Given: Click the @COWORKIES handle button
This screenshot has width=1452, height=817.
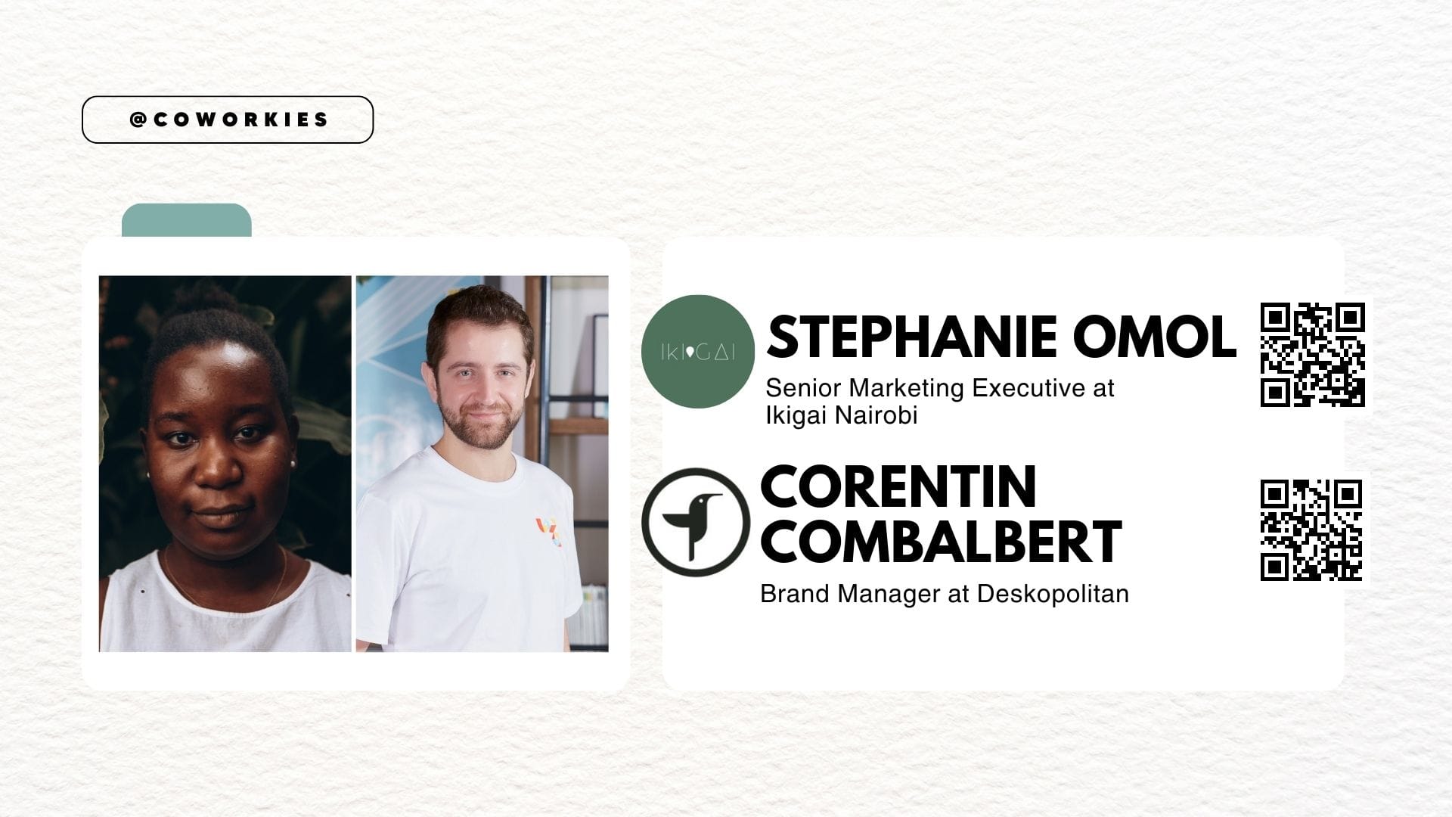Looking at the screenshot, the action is (x=228, y=120).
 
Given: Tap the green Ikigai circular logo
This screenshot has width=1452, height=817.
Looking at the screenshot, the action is (x=697, y=352).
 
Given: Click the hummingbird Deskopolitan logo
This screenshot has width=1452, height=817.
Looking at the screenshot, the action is (x=695, y=522).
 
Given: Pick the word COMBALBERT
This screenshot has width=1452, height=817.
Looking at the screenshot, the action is (x=941, y=542).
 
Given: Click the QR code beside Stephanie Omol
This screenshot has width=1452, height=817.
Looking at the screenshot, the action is (x=1312, y=355).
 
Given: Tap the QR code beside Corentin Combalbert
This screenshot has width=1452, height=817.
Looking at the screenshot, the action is (x=1311, y=530).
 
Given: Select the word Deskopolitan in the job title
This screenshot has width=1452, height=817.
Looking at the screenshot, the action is (x=1053, y=594).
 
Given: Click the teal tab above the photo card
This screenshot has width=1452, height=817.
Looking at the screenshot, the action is (x=187, y=220).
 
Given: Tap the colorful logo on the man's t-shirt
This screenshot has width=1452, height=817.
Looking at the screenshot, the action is (x=549, y=532).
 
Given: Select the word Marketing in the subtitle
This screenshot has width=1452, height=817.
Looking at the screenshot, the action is (x=907, y=389).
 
